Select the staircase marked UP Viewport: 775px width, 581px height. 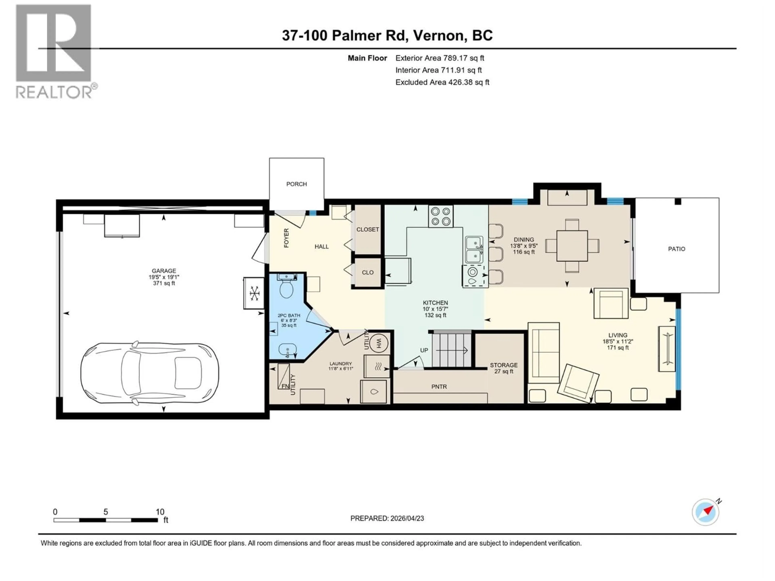tap(451, 350)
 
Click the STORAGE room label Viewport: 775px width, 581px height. tap(504, 365)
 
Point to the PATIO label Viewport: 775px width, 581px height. tap(676, 249)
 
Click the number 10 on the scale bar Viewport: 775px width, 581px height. tap(160, 512)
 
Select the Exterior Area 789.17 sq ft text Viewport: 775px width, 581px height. tap(440, 58)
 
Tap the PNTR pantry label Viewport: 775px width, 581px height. tap(439, 387)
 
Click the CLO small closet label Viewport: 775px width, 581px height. tap(368, 273)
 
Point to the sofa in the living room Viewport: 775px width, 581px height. tap(544, 353)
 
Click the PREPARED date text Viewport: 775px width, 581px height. tap(387, 518)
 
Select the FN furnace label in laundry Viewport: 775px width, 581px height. tap(285, 386)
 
